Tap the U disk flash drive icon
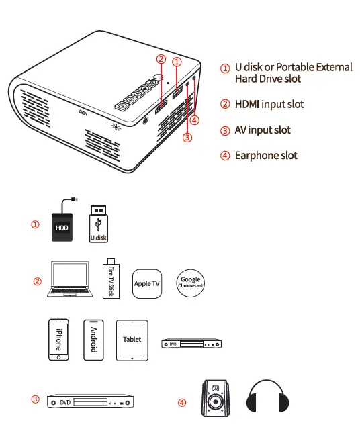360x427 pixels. click(99, 224)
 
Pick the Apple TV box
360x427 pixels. click(147, 283)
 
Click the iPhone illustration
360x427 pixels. click(58, 340)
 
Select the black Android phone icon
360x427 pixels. click(94, 340)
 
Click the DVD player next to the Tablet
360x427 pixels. click(191, 344)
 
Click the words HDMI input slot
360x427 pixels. click(269, 104)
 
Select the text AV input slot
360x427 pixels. click(263, 130)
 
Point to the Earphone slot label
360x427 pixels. click(265, 156)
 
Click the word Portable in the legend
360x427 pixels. click(298, 67)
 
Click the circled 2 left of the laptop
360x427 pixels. click(38, 281)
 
